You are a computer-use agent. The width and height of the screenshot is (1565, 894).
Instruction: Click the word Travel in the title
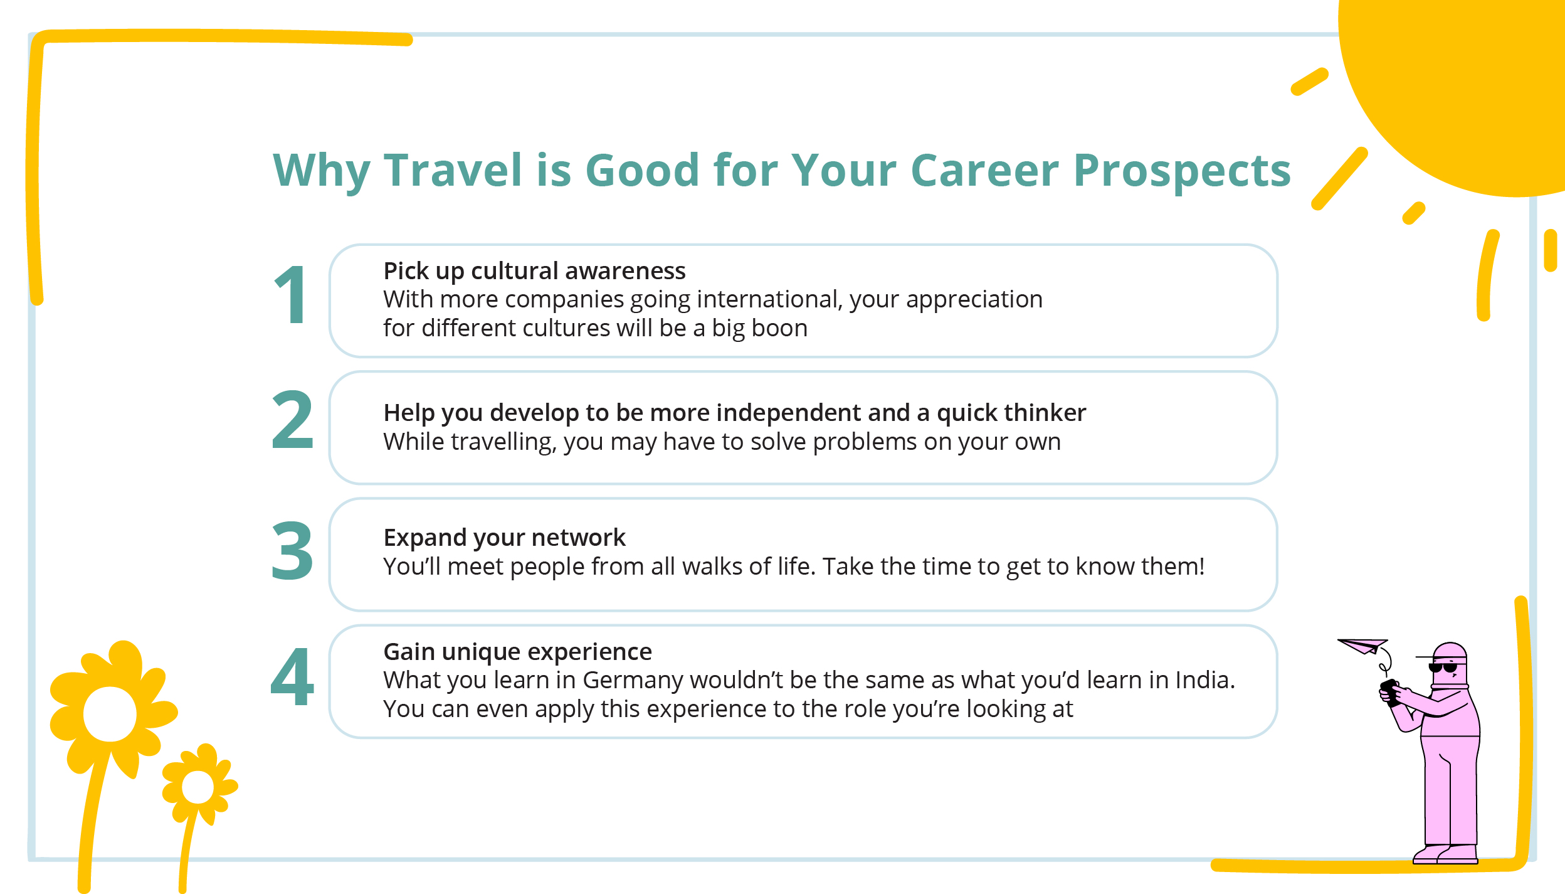pyautogui.click(x=453, y=170)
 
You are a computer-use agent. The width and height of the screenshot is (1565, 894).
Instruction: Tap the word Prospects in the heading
pyautogui.click(x=1182, y=170)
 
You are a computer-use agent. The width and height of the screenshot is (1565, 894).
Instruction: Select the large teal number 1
pyautogui.click(x=291, y=295)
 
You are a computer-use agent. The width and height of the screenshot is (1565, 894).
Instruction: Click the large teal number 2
pyautogui.click(x=292, y=420)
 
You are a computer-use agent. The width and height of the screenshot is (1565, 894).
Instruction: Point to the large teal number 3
pyautogui.click(x=292, y=551)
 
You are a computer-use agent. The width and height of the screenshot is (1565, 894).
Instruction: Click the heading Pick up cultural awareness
pyautogui.click(x=534, y=271)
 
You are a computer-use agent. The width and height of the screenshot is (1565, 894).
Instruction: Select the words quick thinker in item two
pyautogui.click(x=1011, y=413)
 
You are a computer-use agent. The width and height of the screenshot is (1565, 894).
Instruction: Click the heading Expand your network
pyautogui.click(x=504, y=538)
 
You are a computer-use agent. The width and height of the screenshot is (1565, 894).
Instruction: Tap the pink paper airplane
pyautogui.click(x=1362, y=646)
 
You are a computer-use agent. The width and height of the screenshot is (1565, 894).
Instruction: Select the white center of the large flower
pyautogui.click(x=110, y=714)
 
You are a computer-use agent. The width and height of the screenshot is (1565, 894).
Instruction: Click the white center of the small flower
pyautogui.click(x=198, y=787)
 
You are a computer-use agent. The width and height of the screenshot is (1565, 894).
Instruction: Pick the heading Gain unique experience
pyautogui.click(x=517, y=652)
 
